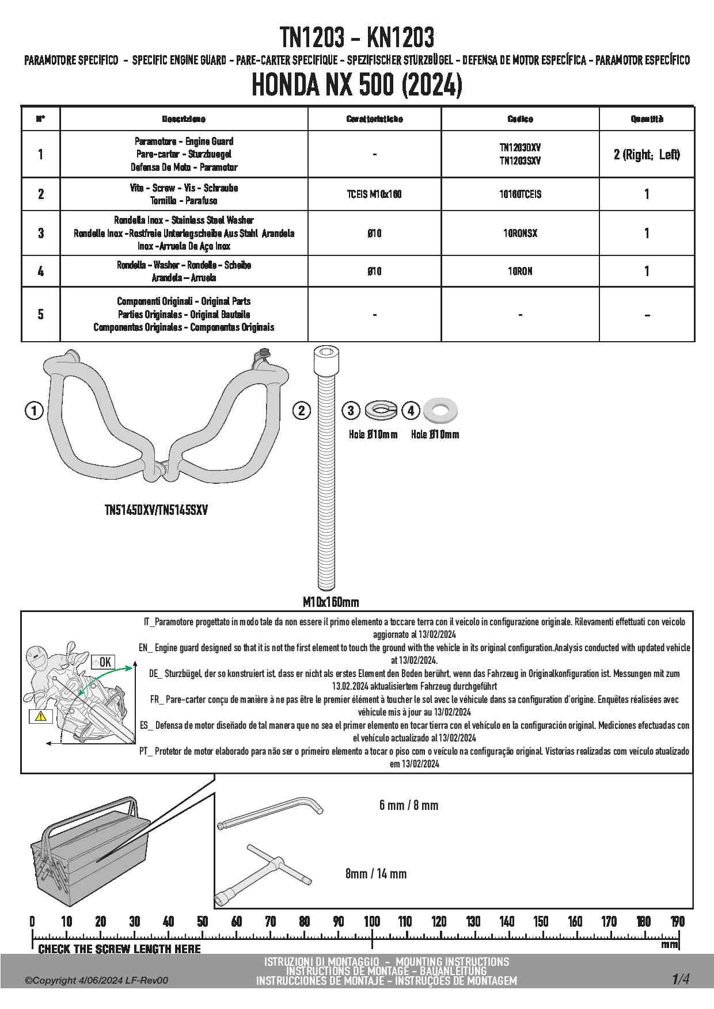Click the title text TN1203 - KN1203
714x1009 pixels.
(x=357, y=38)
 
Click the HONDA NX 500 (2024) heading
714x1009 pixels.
(x=357, y=86)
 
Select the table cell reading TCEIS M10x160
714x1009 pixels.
(x=374, y=194)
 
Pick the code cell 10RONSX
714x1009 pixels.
(x=520, y=233)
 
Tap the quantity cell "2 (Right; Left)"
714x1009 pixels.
(x=647, y=154)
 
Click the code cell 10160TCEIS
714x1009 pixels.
(x=520, y=194)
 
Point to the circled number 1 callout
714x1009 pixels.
(x=35, y=411)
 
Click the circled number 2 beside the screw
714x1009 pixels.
(x=301, y=411)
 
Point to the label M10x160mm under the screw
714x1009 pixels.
(x=331, y=602)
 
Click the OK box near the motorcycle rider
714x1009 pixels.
(x=102, y=662)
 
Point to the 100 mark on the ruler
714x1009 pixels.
(x=372, y=921)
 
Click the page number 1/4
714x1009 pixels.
(x=680, y=979)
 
